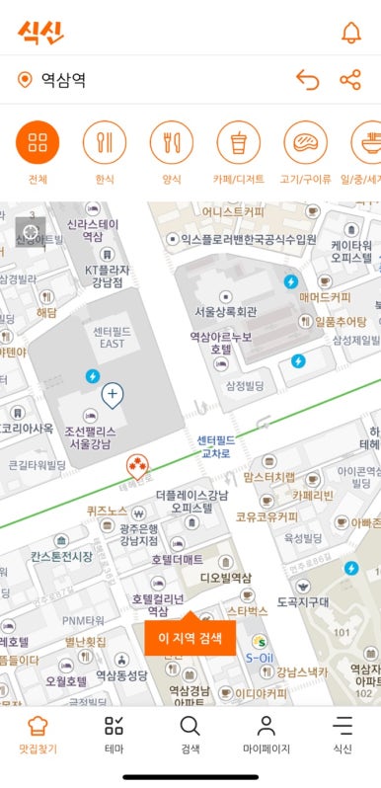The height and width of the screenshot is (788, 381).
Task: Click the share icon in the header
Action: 350,80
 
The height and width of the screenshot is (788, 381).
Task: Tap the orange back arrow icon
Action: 308,80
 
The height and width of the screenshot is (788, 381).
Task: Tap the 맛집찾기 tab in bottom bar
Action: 38,735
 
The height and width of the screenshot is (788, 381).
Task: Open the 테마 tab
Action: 114,735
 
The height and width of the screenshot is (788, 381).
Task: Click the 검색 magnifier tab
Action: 190,735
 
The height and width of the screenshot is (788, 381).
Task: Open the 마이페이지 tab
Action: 266,735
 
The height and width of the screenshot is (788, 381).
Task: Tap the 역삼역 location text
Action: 63,80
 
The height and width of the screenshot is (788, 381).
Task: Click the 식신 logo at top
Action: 40,32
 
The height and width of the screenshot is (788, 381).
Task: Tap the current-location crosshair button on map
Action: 30,232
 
